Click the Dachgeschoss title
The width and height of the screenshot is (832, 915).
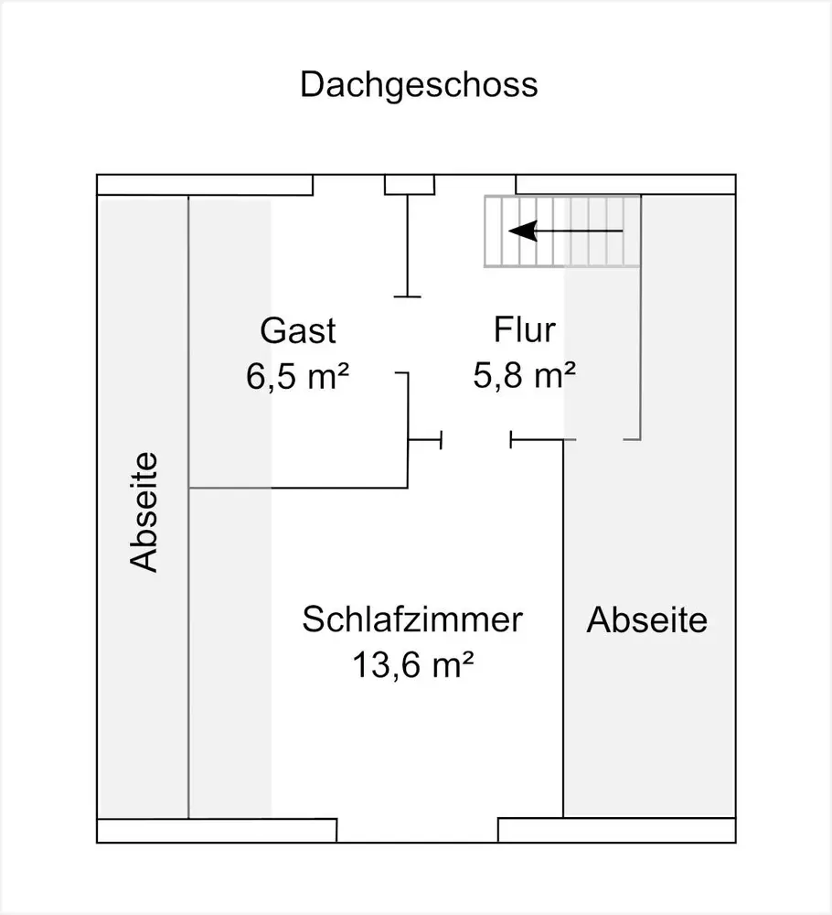click(x=419, y=85)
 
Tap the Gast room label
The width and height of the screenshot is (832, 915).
click(x=298, y=331)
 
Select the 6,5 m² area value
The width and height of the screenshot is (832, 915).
click(x=297, y=376)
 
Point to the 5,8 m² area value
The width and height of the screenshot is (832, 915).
click(x=524, y=374)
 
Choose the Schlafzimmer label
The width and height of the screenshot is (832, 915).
click(x=412, y=619)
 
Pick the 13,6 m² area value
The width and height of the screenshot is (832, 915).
click(x=412, y=664)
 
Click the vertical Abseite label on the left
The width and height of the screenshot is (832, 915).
click(x=144, y=511)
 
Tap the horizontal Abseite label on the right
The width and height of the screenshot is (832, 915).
click(x=647, y=619)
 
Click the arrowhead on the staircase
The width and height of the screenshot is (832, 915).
click(x=522, y=231)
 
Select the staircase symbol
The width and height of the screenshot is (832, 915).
click(x=562, y=231)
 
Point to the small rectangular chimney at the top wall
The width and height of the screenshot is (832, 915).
click(x=410, y=185)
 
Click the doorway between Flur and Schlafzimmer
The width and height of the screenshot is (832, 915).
click(x=475, y=439)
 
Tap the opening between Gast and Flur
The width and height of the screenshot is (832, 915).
click(x=408, y=334)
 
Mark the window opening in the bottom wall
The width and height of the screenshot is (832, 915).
click(x=418, y=831)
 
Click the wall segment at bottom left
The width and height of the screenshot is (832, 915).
click(x=217, y=831)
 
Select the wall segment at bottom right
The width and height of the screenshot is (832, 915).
click(x=617, y=831)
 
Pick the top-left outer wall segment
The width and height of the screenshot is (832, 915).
click(x=205, y=185)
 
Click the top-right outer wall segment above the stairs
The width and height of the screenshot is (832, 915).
click(x=625, y=185)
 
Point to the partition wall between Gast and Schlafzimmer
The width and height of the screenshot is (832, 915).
click(x=298, y=488)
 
